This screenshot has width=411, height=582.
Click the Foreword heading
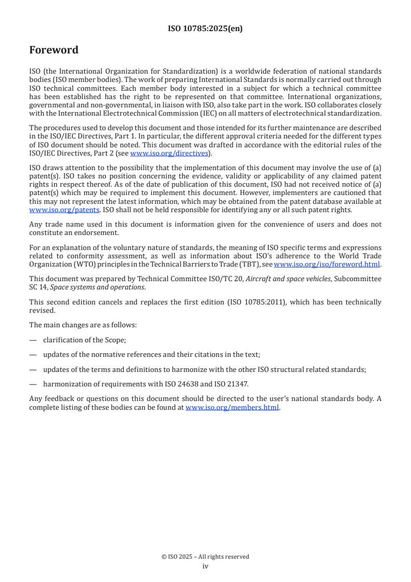click(x=54, y=50)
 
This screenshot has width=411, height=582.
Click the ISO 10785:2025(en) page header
click(x=205, y=29)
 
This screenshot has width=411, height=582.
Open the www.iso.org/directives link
click(x=168, y=153)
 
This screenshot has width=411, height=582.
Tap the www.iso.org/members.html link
click(x=232, y=407)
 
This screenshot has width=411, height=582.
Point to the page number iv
click(x=205, y=566)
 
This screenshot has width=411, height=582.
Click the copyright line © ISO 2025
click(x=205, y=557)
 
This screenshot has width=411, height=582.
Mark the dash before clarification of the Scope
click(x=33, y=340)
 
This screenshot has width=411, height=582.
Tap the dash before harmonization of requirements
click(x=33, y=384)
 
